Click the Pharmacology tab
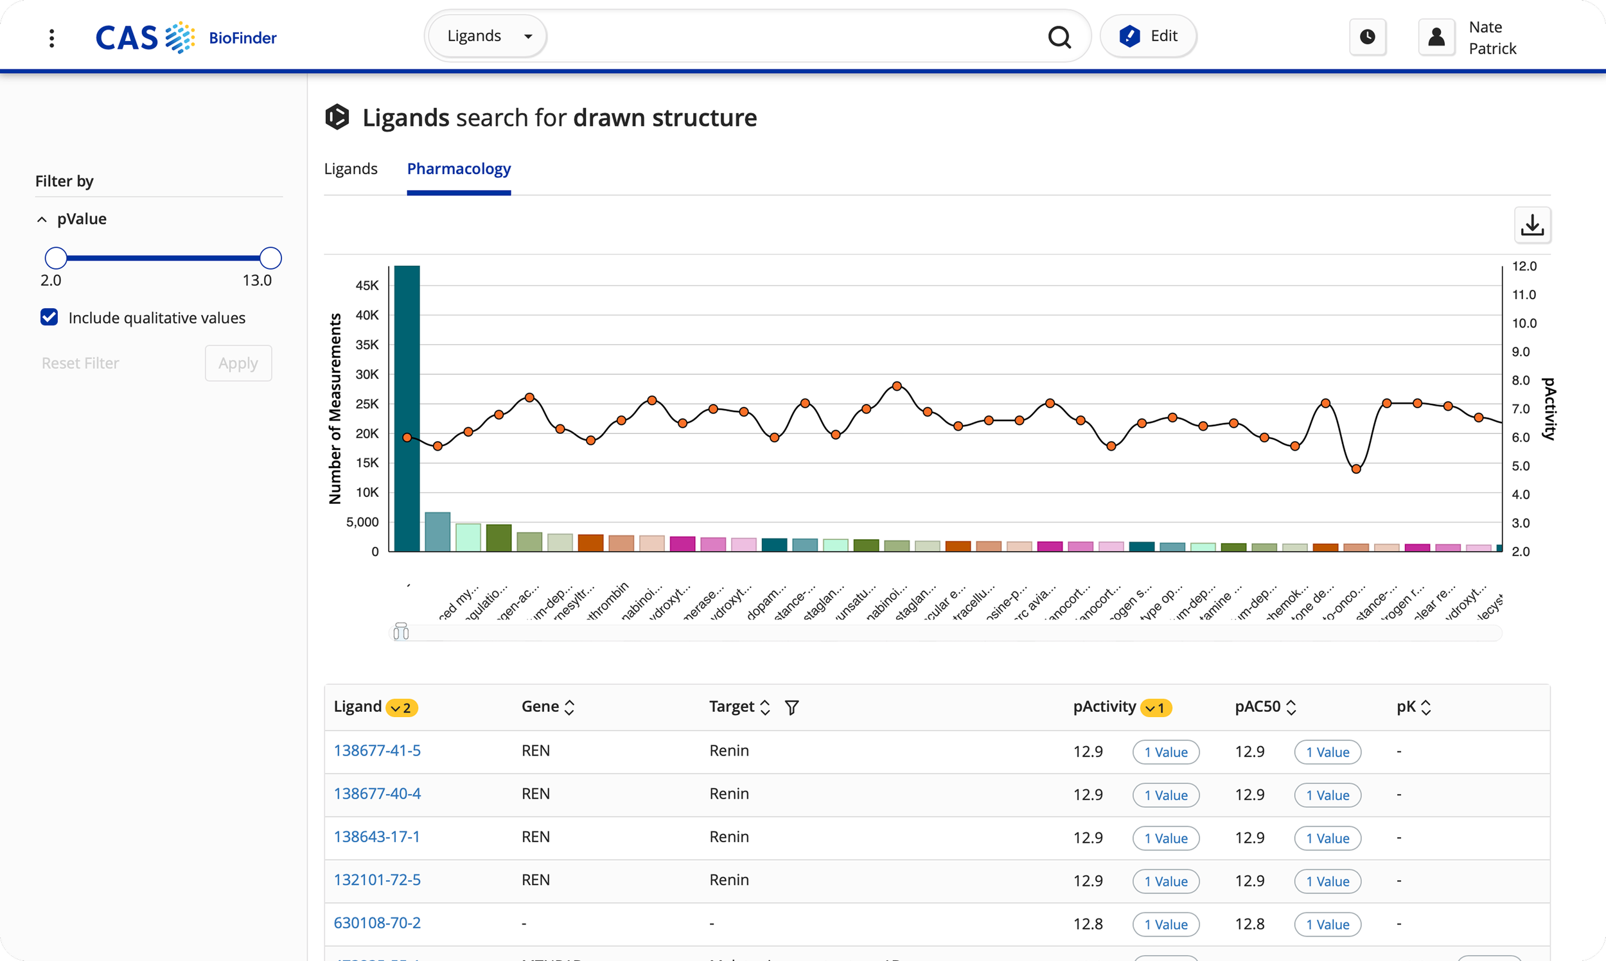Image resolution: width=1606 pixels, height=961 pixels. [x=459, y=169]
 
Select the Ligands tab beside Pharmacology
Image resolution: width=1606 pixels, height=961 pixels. [x=351, y=169]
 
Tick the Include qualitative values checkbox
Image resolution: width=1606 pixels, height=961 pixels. [x=49, y=317]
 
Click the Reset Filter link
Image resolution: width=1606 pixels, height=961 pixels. [x=80, y=363]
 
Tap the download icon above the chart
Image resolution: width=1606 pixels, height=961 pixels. [x=1532, y=225]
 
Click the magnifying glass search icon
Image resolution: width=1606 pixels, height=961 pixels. [x=1059, y=37]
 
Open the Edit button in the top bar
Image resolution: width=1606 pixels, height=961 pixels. [x=1148, y=36]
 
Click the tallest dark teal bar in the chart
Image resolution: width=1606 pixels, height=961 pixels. [x=407, y=408]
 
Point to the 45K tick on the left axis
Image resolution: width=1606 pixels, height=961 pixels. [x=367, y=286]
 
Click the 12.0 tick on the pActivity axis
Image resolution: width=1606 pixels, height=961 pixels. [x=1524, y=266]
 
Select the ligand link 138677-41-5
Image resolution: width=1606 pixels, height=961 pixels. [x=377, y=750]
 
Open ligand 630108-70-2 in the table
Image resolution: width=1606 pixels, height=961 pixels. [x=377, y=922]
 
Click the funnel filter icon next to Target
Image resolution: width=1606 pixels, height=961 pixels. [x=791, y=707]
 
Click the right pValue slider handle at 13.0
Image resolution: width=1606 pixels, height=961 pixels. [x=271, y=257]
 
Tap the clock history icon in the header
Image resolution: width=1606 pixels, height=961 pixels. [x=1368, y=37]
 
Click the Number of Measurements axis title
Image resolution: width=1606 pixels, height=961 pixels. [x=335, y=409]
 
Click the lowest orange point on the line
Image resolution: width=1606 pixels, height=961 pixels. [x=1356, y=469]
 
